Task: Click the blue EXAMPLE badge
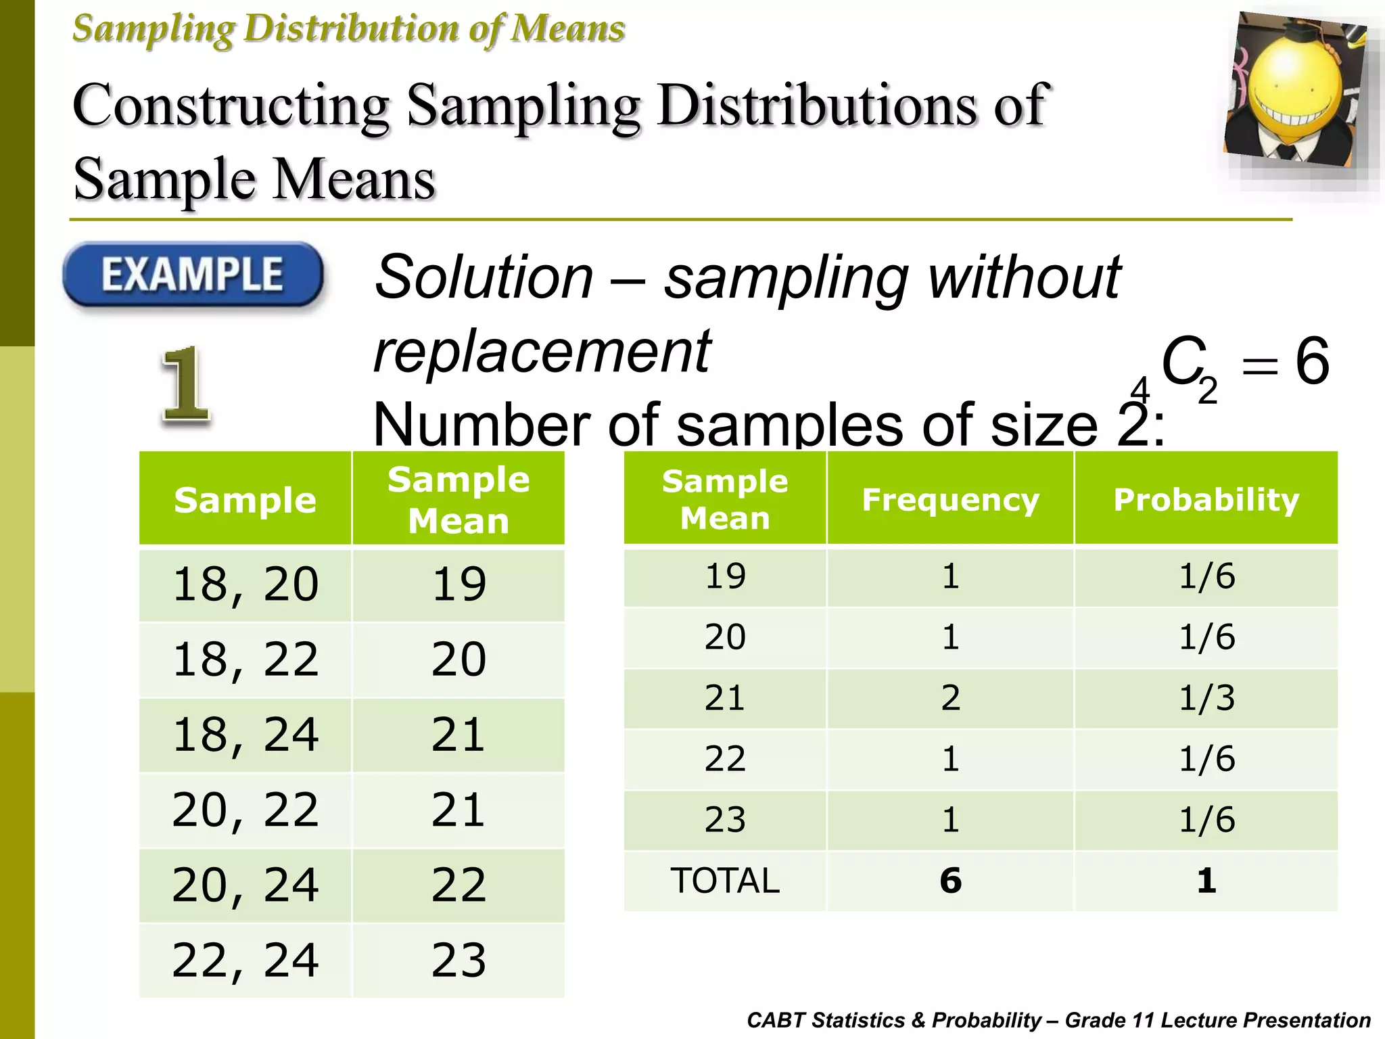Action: (193, 275)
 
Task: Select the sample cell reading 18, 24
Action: (245, 735)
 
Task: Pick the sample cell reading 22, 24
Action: (245, 960)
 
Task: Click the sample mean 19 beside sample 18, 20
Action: (459, 584)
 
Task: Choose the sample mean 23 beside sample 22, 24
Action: (459, 960)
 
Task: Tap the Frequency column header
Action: (950, 500)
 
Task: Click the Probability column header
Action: (1206, 500)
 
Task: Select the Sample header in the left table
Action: (245, 501)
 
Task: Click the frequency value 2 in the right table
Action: (950, 698)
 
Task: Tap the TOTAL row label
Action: (725, 881)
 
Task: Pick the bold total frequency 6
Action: (950, 881)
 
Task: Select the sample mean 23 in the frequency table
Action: (725, 820)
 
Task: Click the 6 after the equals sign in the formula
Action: (1312, 362)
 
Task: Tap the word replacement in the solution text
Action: (542, 352)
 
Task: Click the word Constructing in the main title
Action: (231, 106)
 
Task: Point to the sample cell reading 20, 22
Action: (245, 810)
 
